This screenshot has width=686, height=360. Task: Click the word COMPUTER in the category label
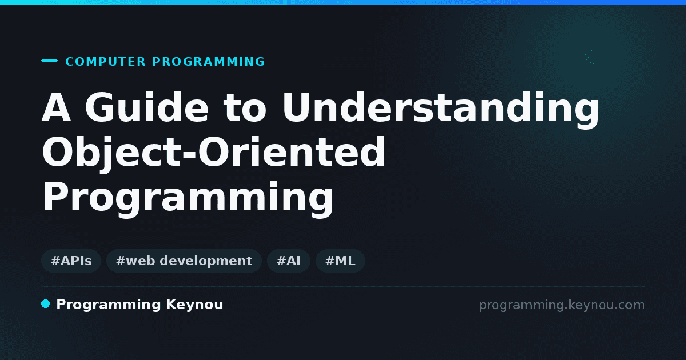click(x=105, y=62)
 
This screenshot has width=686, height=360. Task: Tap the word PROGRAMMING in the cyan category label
click(x=208, y=62)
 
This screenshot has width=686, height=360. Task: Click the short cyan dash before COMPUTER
click(x=49, y=61)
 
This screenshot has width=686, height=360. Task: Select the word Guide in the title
click(x=147, y=107)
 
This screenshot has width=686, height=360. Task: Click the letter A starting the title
click(x=57, y=107)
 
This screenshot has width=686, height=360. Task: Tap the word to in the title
click(x=245, y=108)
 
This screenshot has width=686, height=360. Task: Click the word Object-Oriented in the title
click(x=213, y=153)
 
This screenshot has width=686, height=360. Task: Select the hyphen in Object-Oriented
click(x=190, y=157)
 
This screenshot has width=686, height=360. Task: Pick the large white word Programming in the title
click(x=188, y=198)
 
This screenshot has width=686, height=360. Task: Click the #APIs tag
click(x=71, y=261)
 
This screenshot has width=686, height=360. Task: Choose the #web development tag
click(x=184, y=261)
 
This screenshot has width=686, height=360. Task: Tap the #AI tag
click(x=289, y=261)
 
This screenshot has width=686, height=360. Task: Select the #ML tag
click(x=340, y=261)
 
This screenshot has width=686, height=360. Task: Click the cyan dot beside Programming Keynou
click(x=45, y=304)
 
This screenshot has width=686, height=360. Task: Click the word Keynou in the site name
click(x=194, y=305)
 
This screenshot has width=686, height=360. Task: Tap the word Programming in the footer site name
click(x=109, y=305)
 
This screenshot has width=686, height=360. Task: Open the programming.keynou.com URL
click(x=562, y=305)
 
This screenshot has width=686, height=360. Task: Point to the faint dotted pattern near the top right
click(x=591, y=57)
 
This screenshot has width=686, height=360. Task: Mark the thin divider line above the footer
click(x=343, y=286)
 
